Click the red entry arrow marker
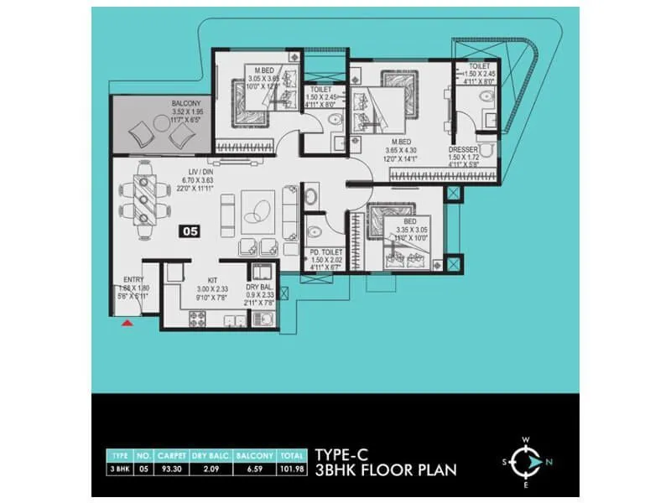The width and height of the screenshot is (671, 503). pos(127,321)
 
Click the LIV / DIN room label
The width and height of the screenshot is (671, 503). pos(203,170)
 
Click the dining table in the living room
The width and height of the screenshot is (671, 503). pos(147,193)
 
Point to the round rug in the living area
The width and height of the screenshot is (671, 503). pos(257,205)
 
